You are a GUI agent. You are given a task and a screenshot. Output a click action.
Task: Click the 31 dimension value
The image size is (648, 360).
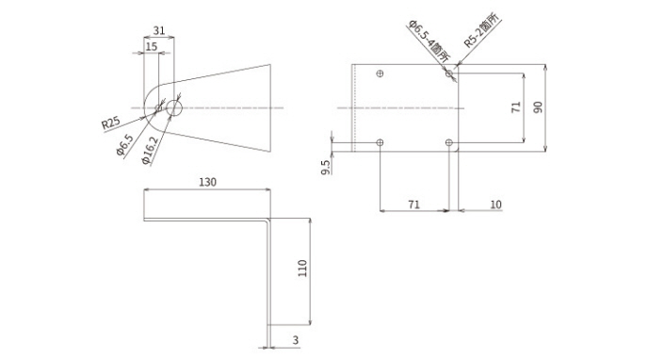(x=159, y=30)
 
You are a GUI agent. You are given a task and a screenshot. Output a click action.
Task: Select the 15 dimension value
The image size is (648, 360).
(x=152, y=46)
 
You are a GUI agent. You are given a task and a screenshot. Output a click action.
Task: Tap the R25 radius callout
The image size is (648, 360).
(x=111, y=123)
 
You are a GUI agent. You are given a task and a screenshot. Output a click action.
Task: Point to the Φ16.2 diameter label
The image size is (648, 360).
(x=150, y=151)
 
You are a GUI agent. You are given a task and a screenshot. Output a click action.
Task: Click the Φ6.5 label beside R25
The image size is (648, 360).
(x=125, y=145)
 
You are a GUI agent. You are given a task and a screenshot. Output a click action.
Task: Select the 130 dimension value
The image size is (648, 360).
(x=208, y=182)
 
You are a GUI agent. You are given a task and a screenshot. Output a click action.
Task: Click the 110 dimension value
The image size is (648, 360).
(x=302, y=269)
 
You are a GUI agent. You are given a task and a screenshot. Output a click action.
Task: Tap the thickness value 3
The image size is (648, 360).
(x=295, y=340)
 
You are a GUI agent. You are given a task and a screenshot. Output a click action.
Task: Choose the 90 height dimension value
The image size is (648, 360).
(x=538, y=107)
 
